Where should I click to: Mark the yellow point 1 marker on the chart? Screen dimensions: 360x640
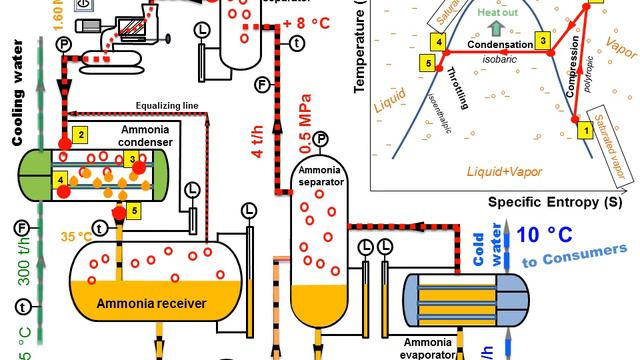tap(586, 129)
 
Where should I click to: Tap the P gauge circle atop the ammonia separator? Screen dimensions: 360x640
tap(321, 138)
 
